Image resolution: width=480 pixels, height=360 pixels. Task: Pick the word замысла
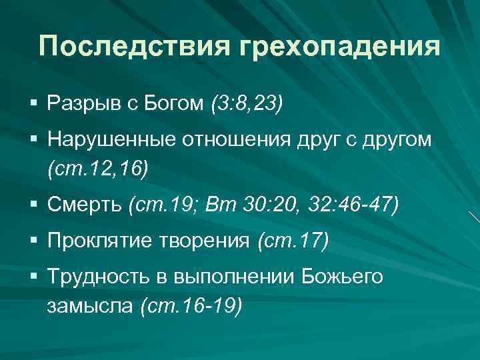point(89,307)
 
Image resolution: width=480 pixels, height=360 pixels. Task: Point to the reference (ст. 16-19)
point(192,307)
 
